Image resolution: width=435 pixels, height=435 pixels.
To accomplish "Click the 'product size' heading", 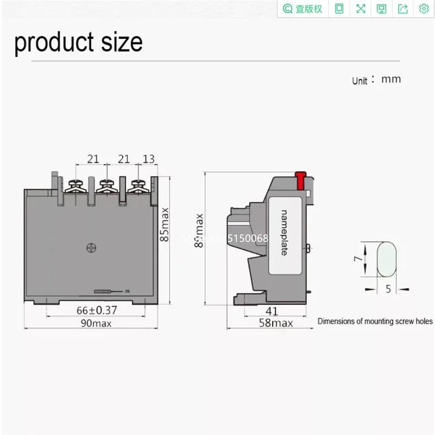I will click(78, 42).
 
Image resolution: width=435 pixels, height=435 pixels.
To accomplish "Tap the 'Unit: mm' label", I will click(376, 79).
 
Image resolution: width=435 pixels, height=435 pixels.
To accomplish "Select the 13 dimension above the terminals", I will click(148, 158).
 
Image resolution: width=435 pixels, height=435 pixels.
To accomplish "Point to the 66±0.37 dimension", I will click(97, 310).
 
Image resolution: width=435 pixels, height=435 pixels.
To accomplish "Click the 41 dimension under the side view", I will click(272, 311).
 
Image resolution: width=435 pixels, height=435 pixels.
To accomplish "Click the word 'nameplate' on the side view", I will click(283, 232).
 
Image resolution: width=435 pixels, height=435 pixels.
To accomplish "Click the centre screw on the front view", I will click(91, 248).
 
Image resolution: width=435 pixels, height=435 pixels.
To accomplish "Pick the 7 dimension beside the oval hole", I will click(357, 259).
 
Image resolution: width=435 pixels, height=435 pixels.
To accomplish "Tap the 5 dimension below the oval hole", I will click(388, 289).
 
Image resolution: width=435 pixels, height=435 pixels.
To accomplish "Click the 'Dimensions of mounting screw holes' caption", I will click(375, 321).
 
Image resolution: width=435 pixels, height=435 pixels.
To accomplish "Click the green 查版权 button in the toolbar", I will click(303, 9).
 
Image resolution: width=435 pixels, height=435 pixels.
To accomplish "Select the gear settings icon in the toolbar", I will click(424, 9).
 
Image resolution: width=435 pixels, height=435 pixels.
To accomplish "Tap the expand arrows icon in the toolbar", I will click(361, 9).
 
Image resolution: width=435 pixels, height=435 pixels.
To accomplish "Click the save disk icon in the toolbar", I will click(382, 9).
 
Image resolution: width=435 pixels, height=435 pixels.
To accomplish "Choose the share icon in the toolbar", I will click(403, 9).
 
